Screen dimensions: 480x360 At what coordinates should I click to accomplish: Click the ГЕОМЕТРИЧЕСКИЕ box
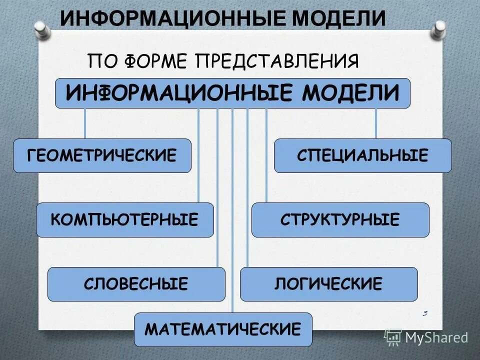102,155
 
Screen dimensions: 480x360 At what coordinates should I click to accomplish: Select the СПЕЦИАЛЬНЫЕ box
362,155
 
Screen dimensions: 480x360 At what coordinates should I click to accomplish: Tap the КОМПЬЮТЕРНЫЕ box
124,219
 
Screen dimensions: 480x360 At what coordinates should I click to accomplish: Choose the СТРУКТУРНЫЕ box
340,219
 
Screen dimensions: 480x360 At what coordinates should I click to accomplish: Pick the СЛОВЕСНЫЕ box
136,284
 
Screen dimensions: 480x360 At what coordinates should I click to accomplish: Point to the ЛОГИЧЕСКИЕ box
328,284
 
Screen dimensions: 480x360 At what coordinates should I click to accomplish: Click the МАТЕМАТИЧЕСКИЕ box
223,329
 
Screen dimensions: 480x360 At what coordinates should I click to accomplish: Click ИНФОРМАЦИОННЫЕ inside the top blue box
178,93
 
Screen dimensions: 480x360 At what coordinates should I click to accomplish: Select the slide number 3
425,313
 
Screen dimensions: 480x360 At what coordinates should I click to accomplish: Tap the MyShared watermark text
436,337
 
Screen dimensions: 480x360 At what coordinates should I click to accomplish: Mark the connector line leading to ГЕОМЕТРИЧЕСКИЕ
84,123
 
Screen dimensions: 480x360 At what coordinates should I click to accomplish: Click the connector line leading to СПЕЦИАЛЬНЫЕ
376,123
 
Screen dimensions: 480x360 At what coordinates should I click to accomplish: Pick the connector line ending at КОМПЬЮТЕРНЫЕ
198,155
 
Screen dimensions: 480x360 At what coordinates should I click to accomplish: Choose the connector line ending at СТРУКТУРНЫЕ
266,155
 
